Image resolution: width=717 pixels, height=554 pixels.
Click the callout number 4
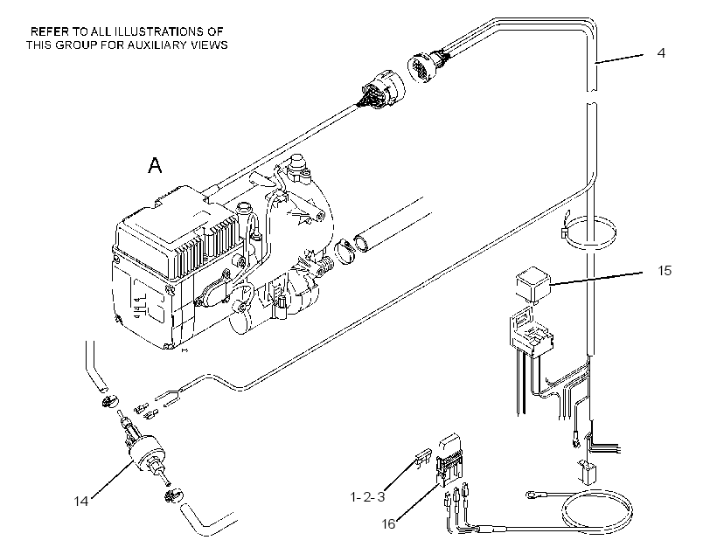(x=661, y=53)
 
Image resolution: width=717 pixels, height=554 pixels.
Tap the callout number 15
(x=665, y=271)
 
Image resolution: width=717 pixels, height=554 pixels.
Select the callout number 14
(x=81, y=502)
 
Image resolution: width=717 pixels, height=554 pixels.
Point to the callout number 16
(x=388, y=524)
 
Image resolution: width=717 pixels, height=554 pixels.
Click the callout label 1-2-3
(x=367, y=496)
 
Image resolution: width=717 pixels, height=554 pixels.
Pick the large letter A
(x=155, y=165)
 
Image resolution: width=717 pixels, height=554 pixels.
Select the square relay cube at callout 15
(x=533, y=285)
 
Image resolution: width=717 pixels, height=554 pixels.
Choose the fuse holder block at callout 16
(x=451, y=459)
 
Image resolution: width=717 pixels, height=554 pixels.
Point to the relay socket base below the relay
(x=531, y=330)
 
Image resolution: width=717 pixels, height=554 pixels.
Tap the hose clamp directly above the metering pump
(x=108, y=402)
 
